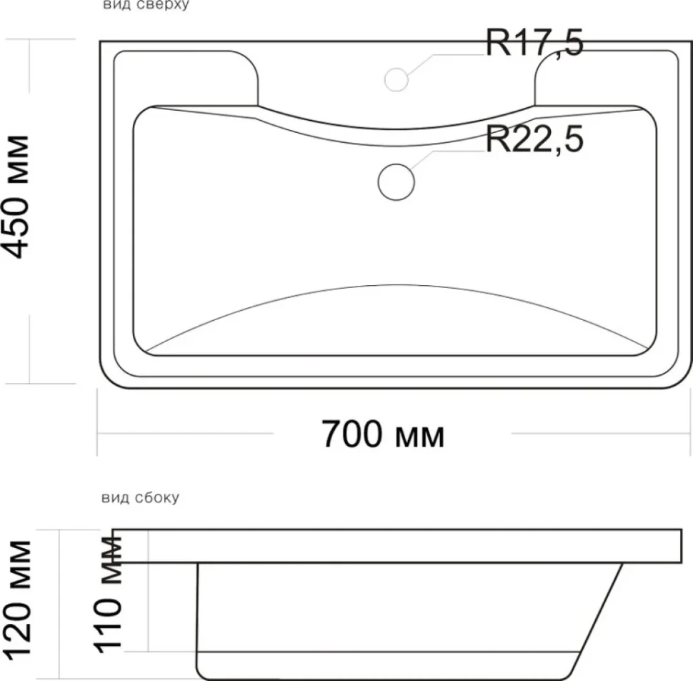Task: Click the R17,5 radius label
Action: tap(535, 43)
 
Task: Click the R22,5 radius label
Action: tap(535, 139)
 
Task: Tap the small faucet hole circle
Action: tap(396, 80)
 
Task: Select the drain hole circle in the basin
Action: tap(396, 182)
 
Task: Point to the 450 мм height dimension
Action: tap(17, 197)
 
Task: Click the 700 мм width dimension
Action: tap(383, 434)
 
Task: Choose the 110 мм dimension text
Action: tap(107, 595)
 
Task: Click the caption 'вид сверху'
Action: tap(146, 5)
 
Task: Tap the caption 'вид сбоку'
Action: tap(141, 497)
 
